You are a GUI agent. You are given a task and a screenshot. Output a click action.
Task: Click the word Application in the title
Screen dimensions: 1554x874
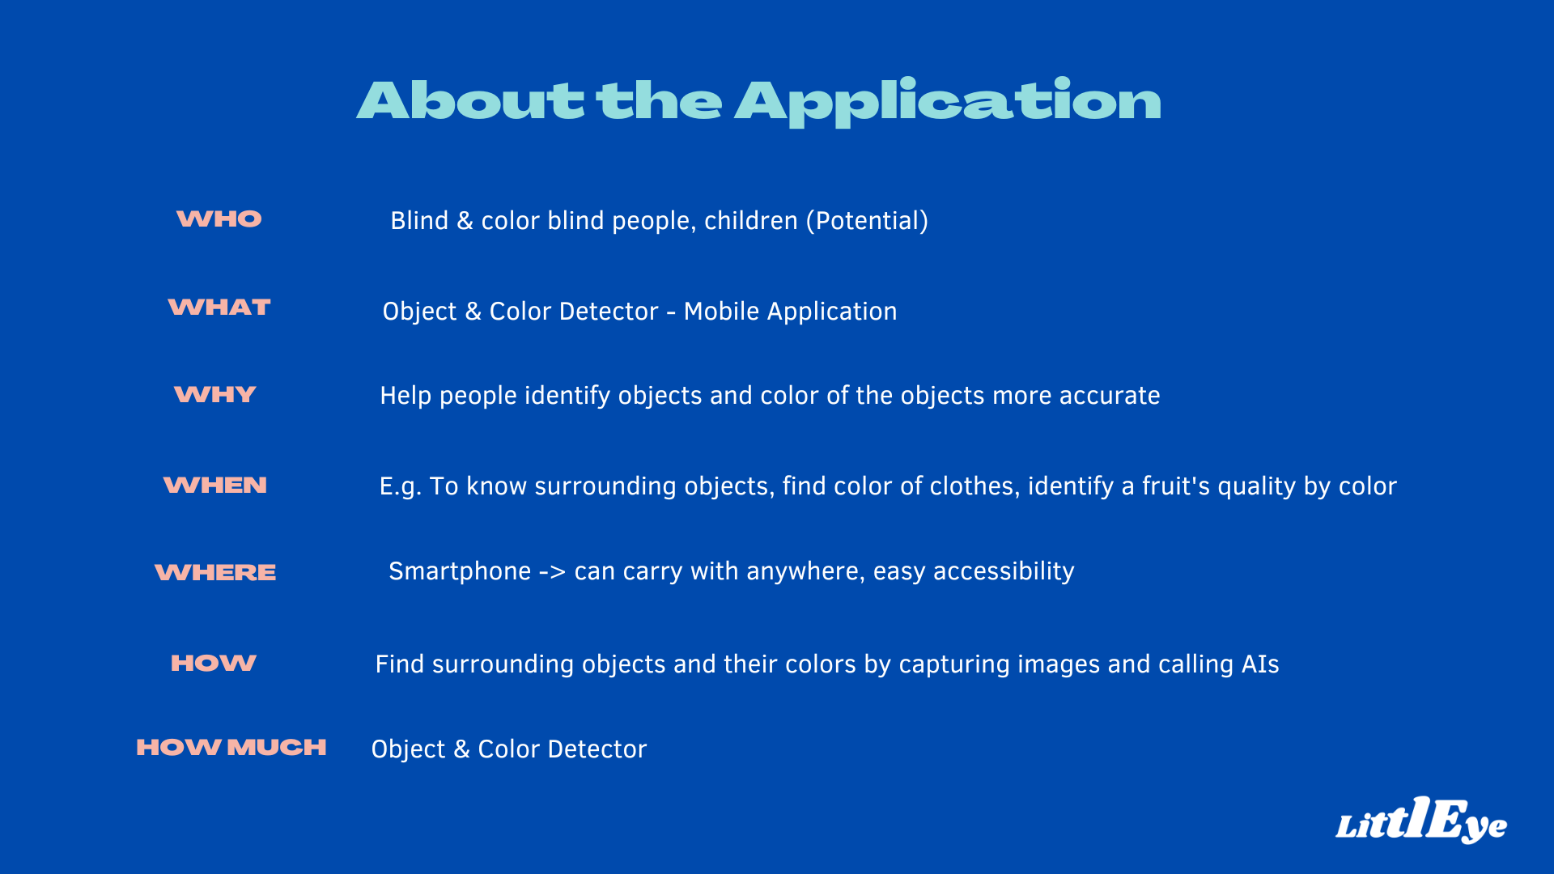tap(948, 103)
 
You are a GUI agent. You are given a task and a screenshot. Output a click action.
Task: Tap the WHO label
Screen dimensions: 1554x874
tap(219, 219)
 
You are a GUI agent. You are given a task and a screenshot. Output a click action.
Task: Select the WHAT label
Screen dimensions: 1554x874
tap(219, 308)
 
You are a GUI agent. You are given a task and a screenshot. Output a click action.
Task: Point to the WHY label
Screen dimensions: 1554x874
tap(215, 395)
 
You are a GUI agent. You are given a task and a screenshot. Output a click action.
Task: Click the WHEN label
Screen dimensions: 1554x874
tap(215, 486)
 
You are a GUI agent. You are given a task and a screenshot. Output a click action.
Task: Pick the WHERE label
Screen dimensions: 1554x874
tap(215, 573)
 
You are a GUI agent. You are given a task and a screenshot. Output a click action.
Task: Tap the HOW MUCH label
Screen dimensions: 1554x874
tap(231, 748)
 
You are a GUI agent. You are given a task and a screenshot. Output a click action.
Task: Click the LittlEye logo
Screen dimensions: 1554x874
tap(1421, 821)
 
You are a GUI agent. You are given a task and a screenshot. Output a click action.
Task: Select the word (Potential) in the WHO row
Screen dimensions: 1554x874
tap(867, 221)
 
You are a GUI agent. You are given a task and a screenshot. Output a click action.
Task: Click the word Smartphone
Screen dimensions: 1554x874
tap(460, 571)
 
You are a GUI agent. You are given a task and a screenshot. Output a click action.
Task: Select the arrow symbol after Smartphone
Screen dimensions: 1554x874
tap(552, 572)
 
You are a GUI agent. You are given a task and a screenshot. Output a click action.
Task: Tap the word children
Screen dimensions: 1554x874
tap(751, 221)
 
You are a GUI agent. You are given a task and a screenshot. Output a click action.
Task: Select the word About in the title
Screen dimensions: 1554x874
tap(470, 101)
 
